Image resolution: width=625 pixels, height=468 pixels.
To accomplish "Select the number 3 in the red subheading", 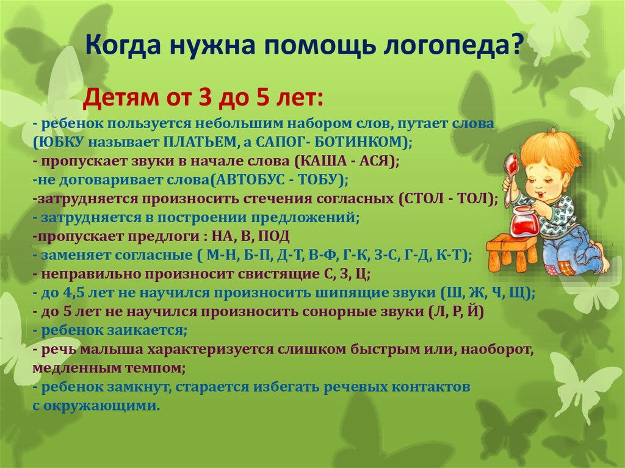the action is (205, 98).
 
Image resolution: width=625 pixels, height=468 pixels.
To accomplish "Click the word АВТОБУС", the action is (248, 180).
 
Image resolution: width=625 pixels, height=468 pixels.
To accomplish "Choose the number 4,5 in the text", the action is (72, 293).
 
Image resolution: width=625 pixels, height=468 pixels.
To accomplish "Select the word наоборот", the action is (497, 350).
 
